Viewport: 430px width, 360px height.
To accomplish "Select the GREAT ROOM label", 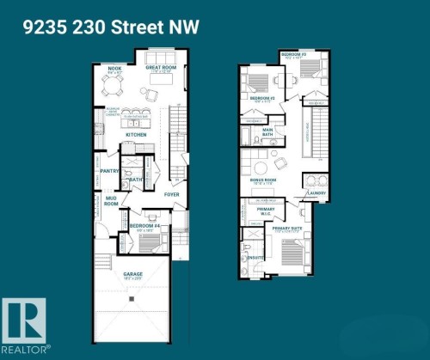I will [x=160, y=66].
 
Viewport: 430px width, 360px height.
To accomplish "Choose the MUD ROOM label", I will [x=111, y=203].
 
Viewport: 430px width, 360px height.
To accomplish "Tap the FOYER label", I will [x=173, y=194].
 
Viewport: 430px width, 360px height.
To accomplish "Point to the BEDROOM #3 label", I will [x=293, y=54].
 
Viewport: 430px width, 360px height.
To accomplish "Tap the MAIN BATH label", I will [x=267, y=131].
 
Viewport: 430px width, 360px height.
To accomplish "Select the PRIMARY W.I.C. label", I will [x=267, y=211].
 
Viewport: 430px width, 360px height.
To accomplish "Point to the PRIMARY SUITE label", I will [x=288, y=228].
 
